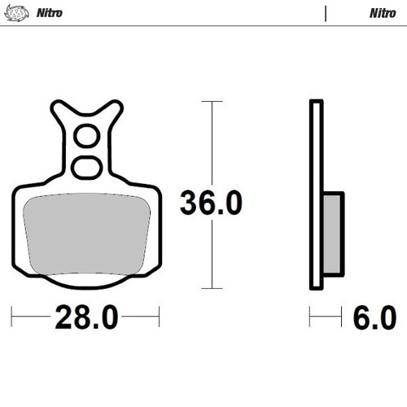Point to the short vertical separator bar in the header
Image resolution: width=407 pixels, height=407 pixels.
[x=326, y=13]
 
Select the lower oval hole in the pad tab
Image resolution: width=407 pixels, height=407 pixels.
[x=85, y=167]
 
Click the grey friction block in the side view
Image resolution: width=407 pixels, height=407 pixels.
[x=334, y=232]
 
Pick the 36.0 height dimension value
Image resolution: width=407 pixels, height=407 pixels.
[x=211, y=203]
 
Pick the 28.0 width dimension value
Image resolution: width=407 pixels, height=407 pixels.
[x=85, y=315]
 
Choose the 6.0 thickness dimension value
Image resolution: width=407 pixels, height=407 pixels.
[x=375, y=315]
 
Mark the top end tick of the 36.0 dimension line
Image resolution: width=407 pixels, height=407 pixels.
[x=212, y=102]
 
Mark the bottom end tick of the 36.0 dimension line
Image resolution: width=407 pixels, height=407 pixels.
[x=212, y=288]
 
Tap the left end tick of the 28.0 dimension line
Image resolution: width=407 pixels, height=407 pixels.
[x=13, y=315]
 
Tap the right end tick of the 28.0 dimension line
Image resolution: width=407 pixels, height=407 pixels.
[x=159, y=315]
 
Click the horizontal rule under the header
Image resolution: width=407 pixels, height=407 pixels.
[x=203, y=26]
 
